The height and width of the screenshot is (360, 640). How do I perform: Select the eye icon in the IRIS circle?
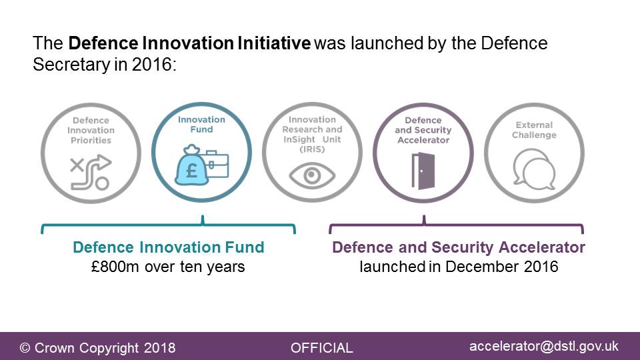click(x=312, y=175)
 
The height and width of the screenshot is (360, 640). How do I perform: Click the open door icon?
click(x=423, y=171)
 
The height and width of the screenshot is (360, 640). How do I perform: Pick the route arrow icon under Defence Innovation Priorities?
click(x=91, y=172)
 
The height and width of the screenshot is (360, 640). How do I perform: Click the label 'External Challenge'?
click(x=534, y=130)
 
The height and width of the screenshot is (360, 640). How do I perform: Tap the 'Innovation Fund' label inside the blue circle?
click(x=201, y=125)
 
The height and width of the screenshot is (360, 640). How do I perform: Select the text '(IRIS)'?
click(x=312, y=149)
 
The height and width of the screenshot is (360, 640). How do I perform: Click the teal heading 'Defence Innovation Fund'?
click(x=169, y=247)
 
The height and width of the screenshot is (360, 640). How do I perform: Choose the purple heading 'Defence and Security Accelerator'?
click(x=459, y=247)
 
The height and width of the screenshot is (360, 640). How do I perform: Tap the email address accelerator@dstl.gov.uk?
click(x=544, y=347)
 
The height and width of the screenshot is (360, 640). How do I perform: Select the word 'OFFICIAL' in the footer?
click(x=321, y=348)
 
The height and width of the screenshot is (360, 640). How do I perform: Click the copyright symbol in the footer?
click(x=25, y=348)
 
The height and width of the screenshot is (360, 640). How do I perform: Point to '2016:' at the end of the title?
click(x=154, y=65)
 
